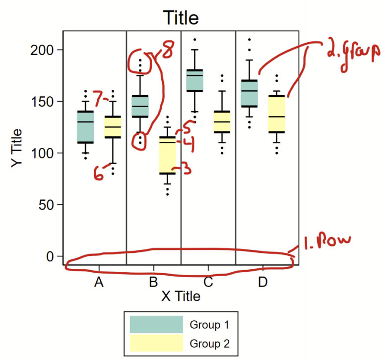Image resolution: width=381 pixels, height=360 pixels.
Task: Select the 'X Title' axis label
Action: click(181, 296)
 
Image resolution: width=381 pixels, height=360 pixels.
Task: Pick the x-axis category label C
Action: click(208, 283)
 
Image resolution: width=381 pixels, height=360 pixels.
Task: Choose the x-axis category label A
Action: click(99, 283)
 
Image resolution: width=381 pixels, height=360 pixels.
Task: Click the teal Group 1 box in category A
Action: click(85, 126)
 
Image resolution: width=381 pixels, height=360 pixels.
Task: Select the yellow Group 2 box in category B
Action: click(167, 155)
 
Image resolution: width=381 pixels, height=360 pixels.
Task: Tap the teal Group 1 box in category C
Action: click(194, 80)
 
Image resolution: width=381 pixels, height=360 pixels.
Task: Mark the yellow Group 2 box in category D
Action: click(276, 113)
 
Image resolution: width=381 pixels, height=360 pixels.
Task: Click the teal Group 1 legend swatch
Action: click(156, 325)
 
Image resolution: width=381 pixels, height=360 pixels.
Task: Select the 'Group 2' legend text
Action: click(209, 343)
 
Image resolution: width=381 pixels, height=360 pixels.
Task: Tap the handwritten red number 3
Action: click(187, 169)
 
